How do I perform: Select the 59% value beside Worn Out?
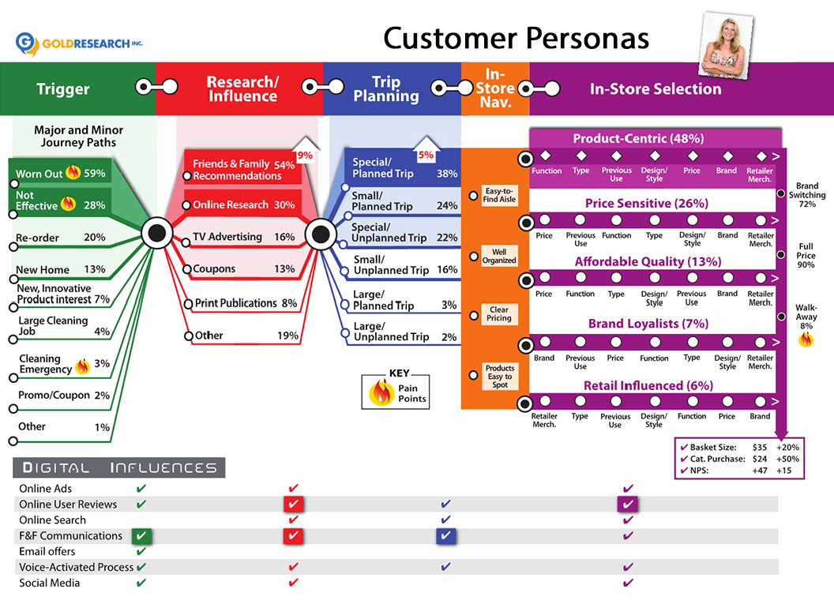[x=96, y=173]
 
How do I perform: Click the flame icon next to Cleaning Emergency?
[x=82, y=366]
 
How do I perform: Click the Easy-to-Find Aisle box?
[x=499, y=195]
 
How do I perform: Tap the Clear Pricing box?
[x=499, y=314]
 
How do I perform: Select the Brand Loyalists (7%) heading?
[x=648, y=324]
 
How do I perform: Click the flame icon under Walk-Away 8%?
[x=806, y=340]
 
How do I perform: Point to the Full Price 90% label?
[x=806, y=256]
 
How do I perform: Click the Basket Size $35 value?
[x=760, y=447]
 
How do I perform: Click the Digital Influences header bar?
[x=118, y=467]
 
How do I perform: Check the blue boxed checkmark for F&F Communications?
[x=446, y=536]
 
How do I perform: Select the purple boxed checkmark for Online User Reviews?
[x=628, y=505]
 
